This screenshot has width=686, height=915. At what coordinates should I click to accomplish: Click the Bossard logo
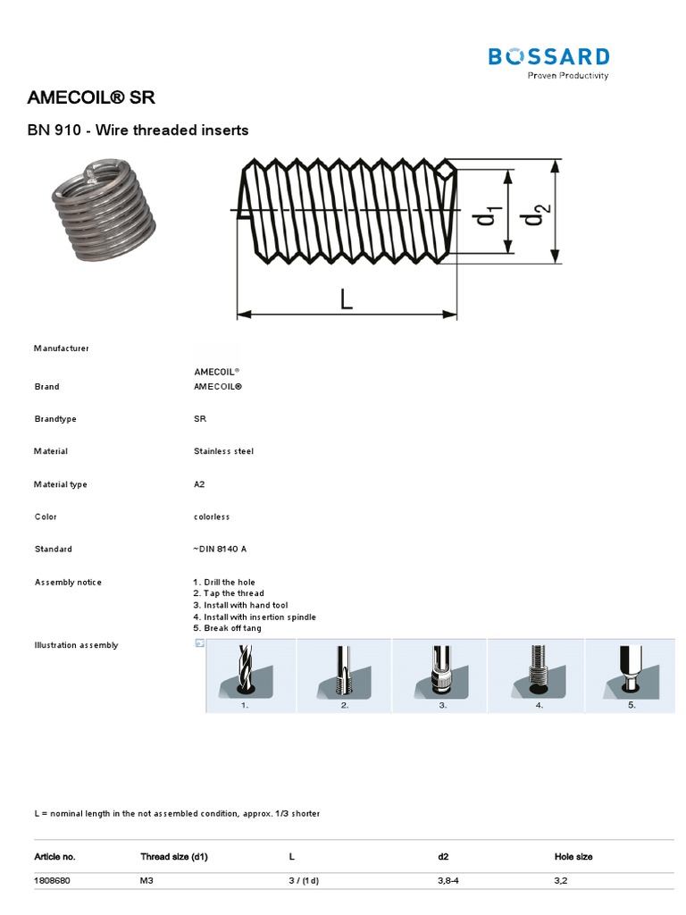548,62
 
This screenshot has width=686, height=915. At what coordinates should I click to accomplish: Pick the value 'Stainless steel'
223,451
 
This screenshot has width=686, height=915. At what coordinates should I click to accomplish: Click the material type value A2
199,484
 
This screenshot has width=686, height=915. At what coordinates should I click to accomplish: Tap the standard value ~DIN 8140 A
220,549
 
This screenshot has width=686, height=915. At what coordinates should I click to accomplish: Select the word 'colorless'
212,516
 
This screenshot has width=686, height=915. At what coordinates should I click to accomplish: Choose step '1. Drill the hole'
224,583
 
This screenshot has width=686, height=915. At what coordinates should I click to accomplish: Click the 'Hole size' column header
573,857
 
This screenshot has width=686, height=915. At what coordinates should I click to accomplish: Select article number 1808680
52,880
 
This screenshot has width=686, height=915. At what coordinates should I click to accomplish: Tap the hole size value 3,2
562,880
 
